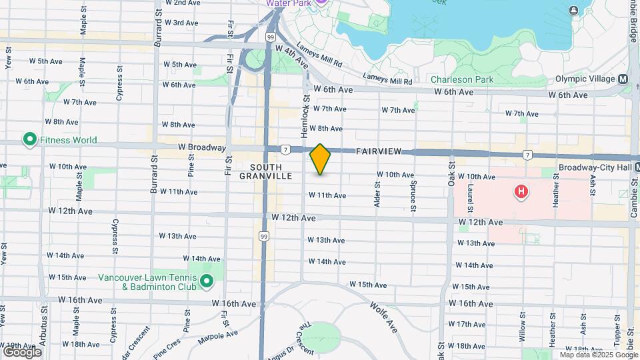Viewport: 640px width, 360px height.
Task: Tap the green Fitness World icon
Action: coord(29,140)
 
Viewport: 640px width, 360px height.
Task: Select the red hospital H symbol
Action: coord(521,193)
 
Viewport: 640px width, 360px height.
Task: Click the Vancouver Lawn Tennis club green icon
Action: coord(207,282)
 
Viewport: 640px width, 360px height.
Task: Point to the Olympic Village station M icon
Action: coord(623,79)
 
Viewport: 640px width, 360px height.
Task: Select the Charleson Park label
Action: coord(461,79)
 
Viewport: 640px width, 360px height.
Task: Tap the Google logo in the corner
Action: coord(22,351)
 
